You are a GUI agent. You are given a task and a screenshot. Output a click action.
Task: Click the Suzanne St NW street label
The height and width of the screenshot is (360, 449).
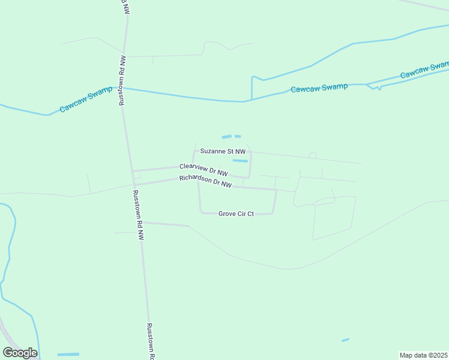coord(223,152)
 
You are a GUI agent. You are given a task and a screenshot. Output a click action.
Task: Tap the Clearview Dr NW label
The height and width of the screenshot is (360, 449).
coord(203,169)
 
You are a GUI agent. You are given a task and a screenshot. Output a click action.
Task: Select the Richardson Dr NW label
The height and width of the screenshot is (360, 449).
coord(205,182)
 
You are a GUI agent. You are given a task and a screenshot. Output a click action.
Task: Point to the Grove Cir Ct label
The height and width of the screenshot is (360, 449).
coord(236,214)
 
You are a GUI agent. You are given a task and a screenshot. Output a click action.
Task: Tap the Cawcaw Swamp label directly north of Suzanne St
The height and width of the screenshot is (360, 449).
coord(319,88)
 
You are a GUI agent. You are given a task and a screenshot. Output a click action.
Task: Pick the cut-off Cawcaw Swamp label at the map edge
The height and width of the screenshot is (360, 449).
coord(425,70)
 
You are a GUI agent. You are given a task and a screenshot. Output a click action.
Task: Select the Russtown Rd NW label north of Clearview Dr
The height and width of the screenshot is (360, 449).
coord(122,81)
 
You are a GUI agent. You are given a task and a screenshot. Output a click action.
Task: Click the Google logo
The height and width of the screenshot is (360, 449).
coord(20,353)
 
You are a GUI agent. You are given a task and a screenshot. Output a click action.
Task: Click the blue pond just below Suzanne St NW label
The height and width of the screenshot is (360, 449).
coord(240,161)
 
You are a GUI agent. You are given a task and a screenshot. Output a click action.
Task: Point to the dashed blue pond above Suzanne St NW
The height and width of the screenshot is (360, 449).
coord(231,137)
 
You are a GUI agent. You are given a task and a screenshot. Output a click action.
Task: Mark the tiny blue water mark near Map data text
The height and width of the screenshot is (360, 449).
coord(345,340)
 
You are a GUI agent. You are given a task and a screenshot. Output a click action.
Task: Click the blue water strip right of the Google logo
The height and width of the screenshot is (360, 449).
coord(68,354)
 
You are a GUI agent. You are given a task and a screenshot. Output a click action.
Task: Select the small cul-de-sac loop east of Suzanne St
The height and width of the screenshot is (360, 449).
coord(312,155)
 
